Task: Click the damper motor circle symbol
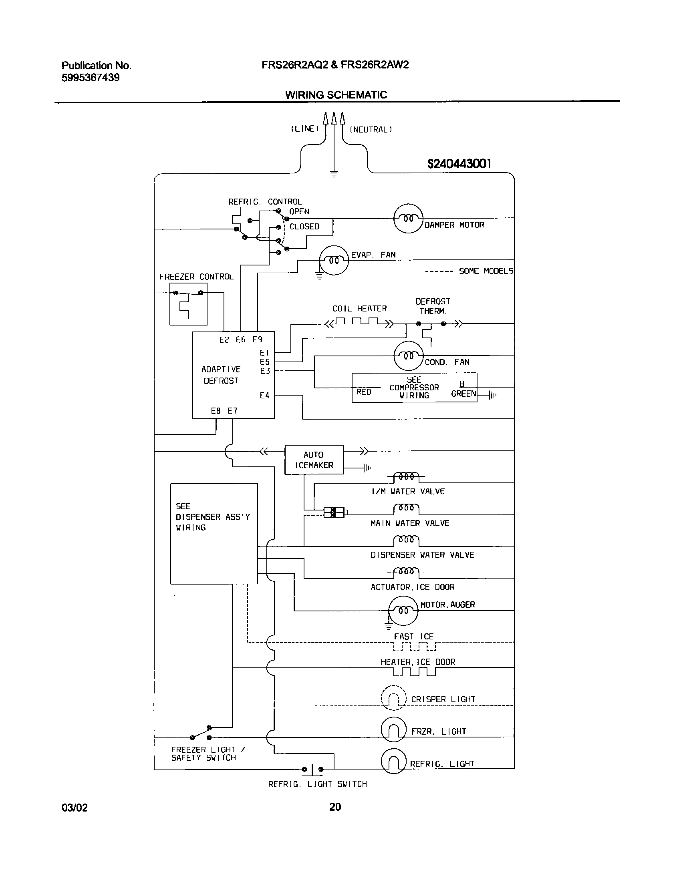pyautogui.click(x=408, y=218)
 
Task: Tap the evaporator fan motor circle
pyautogui.click(x=334, y=260)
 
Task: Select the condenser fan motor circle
pyautogui.click(x=408, y=356)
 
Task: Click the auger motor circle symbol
pyautogui.click(x=403, y=610)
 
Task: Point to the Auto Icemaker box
pyautogui.click(x=314, y=460)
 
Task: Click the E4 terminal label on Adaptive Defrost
pyautogui.click(x=264, y=396)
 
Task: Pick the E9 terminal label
pyautogui.click(x=257, y=340)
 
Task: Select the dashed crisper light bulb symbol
pyautogui.click(x=393, y=698)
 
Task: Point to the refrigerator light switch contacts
pyautogui.click(x=312, y=769)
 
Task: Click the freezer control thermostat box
pyautogui.click(x=188, y=304)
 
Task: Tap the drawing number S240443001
pyautogui.click(x=459, y=164)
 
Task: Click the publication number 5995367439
pyautogui.click(x=91, y=78)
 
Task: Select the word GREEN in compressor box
pyautogui.click(x=463, y=394)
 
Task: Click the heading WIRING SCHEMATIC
pyautogui.click(x=336, y=95)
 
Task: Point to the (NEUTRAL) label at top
pyautogui.click(x=371, y=129)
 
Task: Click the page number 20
pyautogui.click(x=335, y=807)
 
